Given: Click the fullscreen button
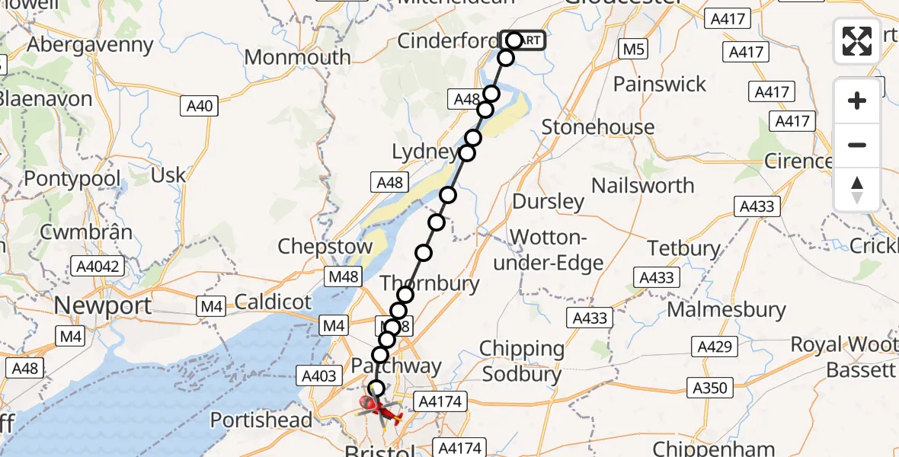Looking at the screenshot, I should click(857, 41).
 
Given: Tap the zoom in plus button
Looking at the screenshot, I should click(857, 101).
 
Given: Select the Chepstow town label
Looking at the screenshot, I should click(325, 247).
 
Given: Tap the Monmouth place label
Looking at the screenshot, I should click(298, 57).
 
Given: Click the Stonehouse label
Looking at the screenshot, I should click(598, 126).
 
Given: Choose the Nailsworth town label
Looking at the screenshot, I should click(642, 185).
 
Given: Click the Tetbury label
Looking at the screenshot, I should click(683, 248).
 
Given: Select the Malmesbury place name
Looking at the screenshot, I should click(726, 310).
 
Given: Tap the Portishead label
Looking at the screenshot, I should click(261, 420).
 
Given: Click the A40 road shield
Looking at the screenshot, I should click(200, 106).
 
